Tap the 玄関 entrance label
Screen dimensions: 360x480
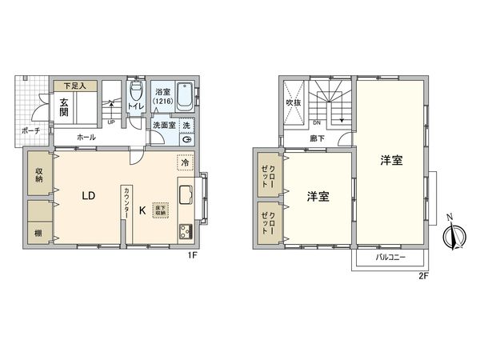pyautogui.click(x=63, y=106)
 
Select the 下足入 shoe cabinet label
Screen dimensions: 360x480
pyautogui.click(x=75, y=84)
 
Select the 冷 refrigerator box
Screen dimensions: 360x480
pyautogui.click(x=185, y=164)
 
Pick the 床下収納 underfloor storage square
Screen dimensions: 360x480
pyautogui.click(x=161, y=209)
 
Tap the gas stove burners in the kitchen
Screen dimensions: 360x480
pyautogui.click(x=185, y=231)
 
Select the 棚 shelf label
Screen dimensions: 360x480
pyautogui.click(x=38, y=233)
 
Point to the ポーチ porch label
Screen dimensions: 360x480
pyautogui.click(x=30, y=130)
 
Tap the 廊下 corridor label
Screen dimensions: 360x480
pyautogui.click(x=317, y=138)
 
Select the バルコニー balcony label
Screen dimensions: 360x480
pyautogui.click(x=392, y=258)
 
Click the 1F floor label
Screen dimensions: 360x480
pyautogui.click(x=192, y=256)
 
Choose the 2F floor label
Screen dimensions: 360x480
pyautogui.click(x=423, y=276)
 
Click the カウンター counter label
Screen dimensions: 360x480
pyautogui.click(x=126, y=206)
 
